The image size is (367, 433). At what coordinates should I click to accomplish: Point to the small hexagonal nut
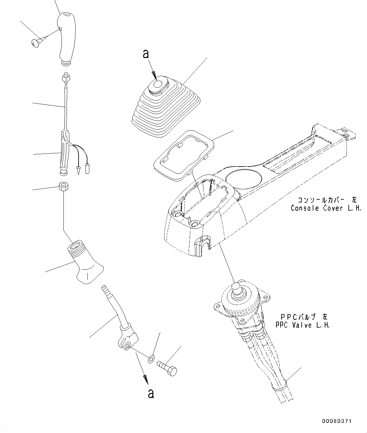[x=63, y=187]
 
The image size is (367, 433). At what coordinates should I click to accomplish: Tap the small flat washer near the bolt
[x=151, y=359]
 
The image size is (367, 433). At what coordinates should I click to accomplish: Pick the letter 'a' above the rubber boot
[x=145, y=54]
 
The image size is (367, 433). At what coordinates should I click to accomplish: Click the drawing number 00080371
[x=337, y=421]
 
